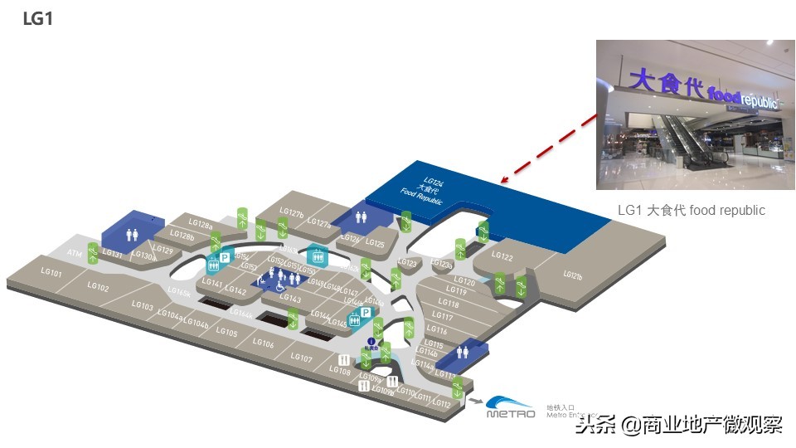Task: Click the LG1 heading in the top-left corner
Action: pos(37,18)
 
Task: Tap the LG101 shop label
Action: pos(51,272)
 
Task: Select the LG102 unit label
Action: pos(98,288)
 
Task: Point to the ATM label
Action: pos(74,253)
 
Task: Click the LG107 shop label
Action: pos(301,358)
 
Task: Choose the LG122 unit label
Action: pos(502,256)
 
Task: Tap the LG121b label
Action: pos(573,275)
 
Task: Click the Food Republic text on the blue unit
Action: pos(421,197)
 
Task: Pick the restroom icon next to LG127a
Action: pos(361,216)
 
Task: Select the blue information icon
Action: pos(371,341)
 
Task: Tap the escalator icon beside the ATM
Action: pos(93,252)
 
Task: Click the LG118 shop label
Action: pos(448,304)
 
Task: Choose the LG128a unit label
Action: pos(200,222)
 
